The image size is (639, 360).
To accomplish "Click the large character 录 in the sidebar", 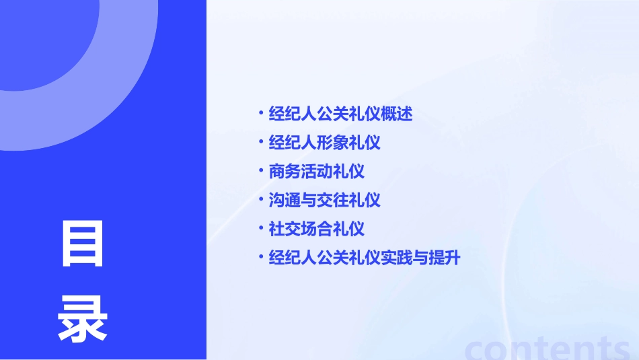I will pyautogui.click(x=83, y=319).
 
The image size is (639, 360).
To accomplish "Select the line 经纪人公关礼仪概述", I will pyautogui.click(x=340, y=114).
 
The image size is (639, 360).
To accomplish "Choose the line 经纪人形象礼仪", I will pyautogui.click(x=324, y=143).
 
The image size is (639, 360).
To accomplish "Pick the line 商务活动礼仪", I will pyautogui.click(x=316, y=171).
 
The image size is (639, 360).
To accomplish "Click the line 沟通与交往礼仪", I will pyautogui.click(x=324, y=200).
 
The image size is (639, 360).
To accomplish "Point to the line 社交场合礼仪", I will pyautogui.click(x=316, y=228).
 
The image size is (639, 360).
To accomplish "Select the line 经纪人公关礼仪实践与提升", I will pyautogui.click(x=364, y=257).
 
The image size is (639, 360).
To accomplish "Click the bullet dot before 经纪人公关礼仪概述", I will pyautogui.click(x=261, y=112).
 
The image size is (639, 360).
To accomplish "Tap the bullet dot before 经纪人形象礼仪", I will pyautogui.click(x=261, y=141).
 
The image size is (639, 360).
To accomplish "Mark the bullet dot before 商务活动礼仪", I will pyautogui.click(x=261, y=170).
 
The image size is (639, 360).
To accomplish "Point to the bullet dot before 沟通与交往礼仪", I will pyautogui.click(x=261, y=199).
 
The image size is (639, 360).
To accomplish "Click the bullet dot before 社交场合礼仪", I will pyautogui.click(x=261, y=227).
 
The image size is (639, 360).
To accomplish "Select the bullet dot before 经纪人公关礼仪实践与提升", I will pyautogui.click(x=261, y=256).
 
